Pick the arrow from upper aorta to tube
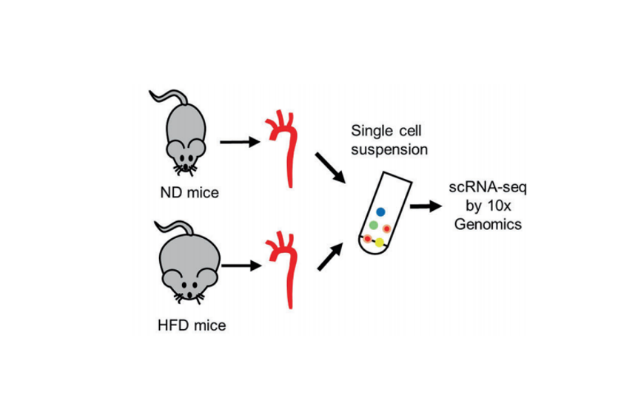(329, 167)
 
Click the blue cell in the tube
(380, 210)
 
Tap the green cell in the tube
(374, 224)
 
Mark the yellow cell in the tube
(380, 242)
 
